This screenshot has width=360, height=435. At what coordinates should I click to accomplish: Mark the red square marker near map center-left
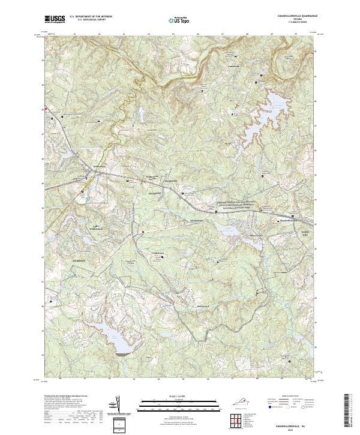coord(142,230)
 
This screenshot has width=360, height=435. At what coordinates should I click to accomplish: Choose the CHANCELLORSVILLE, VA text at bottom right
coord(290,422)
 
